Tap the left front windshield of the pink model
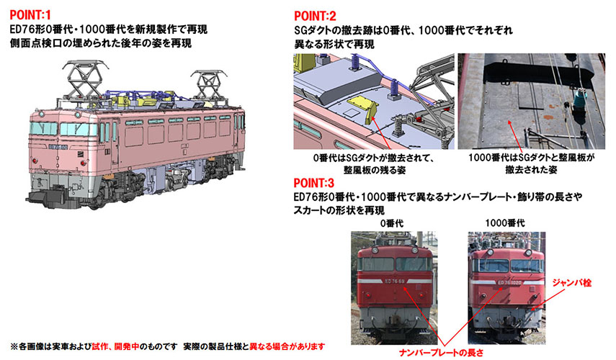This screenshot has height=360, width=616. [x=43, y=130]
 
